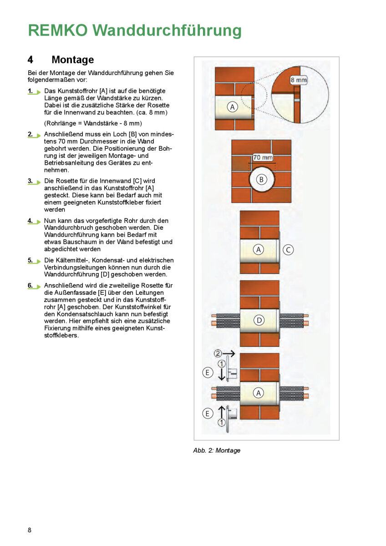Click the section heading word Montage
(x=73, y=60)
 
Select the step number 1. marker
(x=30, y=91)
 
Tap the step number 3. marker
(x=30, y=181)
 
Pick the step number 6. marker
(x=30, y=285)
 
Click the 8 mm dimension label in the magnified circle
(x=299, y=80)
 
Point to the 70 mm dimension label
(x=263, y=157)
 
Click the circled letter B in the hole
(x=261, y=179)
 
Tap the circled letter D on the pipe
(x=259, y=320)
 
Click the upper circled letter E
(x=207, y=372)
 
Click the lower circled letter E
(x=207, y=414)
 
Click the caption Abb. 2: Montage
(x=217, y=450)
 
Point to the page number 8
(x=30, y=530)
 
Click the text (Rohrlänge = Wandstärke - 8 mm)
(x=93, y=123)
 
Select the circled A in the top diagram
(x=233, y=107)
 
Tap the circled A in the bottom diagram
(x=259, y=392)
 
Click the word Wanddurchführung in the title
(x=167, y=30)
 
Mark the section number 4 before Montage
(x=30, y=60)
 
